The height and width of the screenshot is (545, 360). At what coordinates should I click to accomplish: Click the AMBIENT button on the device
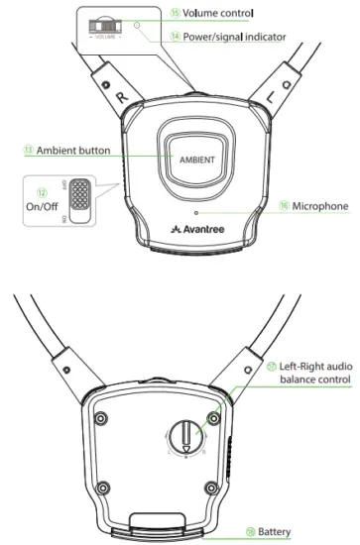point(196,158)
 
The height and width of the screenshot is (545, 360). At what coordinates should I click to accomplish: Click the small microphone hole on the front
point(195,212)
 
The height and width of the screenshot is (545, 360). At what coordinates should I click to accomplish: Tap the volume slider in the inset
point(104,24)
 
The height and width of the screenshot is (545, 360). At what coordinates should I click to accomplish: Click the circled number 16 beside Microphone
point(271,206)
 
